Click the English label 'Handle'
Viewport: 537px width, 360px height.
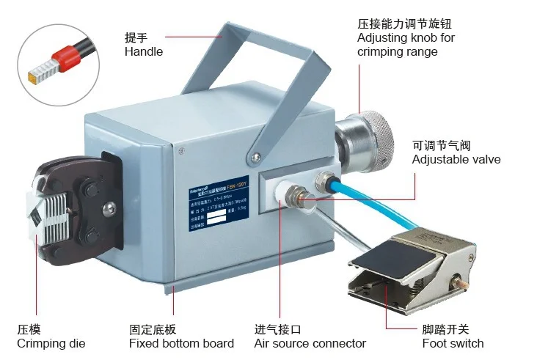point(143,51)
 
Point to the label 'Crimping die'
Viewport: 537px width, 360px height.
point(51,343)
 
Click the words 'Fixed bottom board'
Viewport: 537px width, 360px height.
point(181,343)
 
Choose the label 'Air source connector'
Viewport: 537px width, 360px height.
point(310,343)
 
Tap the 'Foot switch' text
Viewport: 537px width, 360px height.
point(453,343)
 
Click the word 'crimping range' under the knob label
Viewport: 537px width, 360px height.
point(397,51)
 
